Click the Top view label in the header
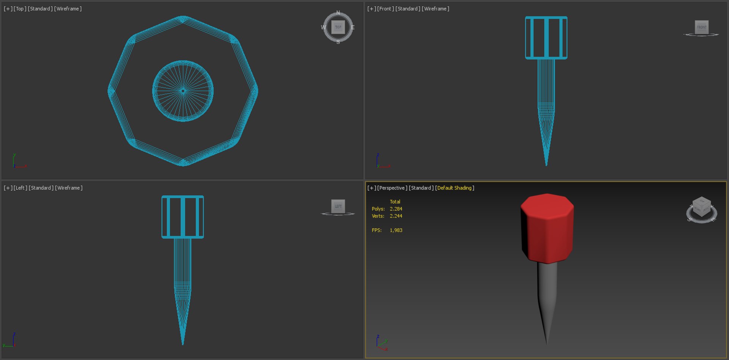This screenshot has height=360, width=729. (20, 9)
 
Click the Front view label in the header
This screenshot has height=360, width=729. (385, 9)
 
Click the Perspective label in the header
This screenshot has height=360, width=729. (392, 188)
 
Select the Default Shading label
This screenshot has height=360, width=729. (454, 188)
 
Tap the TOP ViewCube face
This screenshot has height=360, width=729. (338, 27)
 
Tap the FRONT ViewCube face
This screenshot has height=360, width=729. (701, 27)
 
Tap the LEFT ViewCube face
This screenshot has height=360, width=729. (338, 206)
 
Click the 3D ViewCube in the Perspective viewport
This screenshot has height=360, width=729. (702, 208)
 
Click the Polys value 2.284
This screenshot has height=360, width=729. (396, 209)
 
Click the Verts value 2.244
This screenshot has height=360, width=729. (396, 216)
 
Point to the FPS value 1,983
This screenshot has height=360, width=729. (396, 231)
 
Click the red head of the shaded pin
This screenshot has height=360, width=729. (547, 228)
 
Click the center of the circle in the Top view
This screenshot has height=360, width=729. (183, 91)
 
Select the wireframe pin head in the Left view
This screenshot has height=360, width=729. (183, 217)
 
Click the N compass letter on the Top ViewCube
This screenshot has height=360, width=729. (338, 13)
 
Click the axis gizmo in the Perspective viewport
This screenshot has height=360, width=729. (381, 343)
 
